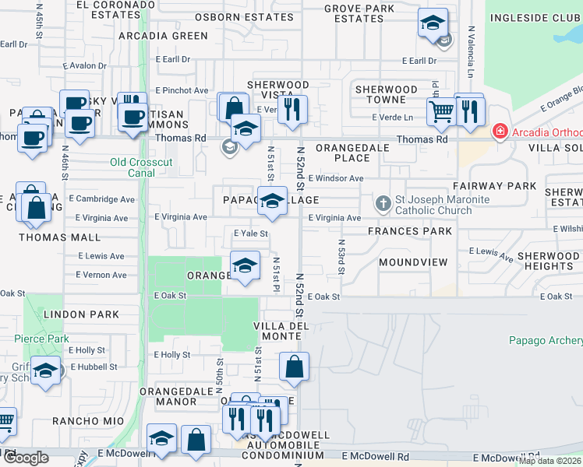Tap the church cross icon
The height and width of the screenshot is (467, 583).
[x=383, y=204]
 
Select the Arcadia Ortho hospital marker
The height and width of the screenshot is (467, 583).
[x=500, y=132]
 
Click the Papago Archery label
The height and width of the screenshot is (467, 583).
[x=546, y=340]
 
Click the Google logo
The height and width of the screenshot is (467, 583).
[x=26, y=457]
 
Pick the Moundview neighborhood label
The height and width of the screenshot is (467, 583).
[x=413, y=262]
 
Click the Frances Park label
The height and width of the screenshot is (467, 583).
[x=410, y=231]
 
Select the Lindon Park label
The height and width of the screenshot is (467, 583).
[x=81, y=314]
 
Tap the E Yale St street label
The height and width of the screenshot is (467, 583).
[x=251, y=233]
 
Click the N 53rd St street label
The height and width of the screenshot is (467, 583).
[x=341, y=257]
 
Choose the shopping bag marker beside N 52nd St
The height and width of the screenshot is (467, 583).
[x=294, y=367]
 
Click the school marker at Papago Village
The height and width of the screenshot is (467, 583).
[x=271, y=202]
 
